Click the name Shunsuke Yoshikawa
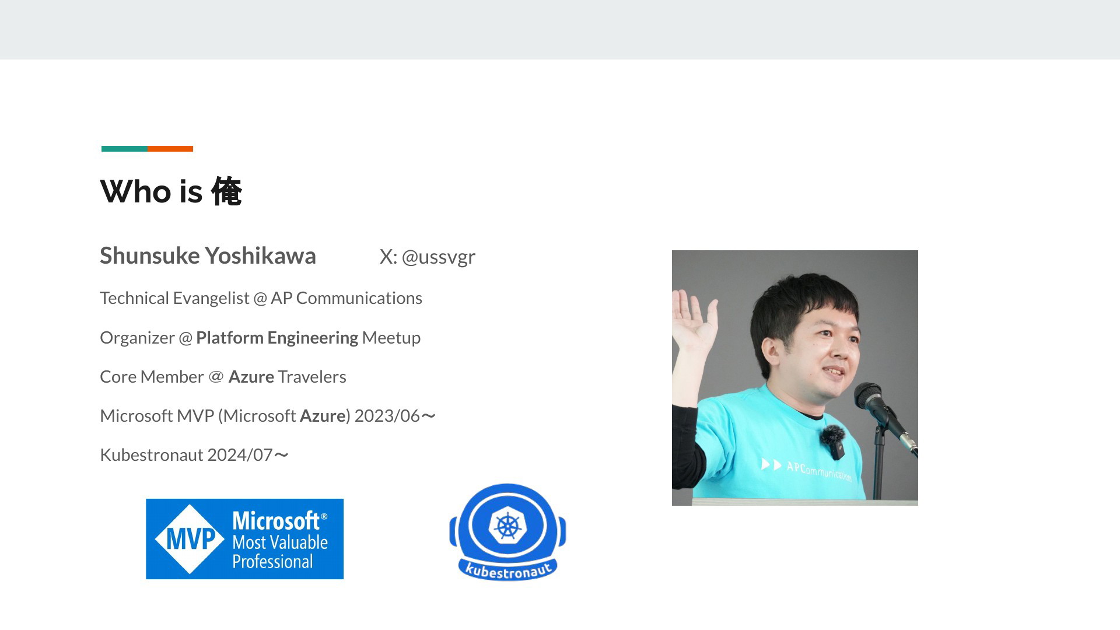pos(208,256)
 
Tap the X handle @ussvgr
pos(438,257)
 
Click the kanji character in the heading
pos(226,191)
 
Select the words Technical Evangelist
pos(174,298)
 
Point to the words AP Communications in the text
pos(346,298)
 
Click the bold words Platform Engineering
pos(277,338)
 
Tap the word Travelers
pos(312,377)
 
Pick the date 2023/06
pos(387,416)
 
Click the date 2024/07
pos(240,455)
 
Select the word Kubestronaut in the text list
pos(151,455)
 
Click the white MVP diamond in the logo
pos(190,539)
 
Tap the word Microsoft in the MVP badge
pos(276,520)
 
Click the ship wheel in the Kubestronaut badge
pos(508,526)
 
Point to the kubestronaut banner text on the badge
pos(508,570)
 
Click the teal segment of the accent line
pos(124,149)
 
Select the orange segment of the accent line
pos(170,149)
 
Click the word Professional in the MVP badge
pos(272,562)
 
